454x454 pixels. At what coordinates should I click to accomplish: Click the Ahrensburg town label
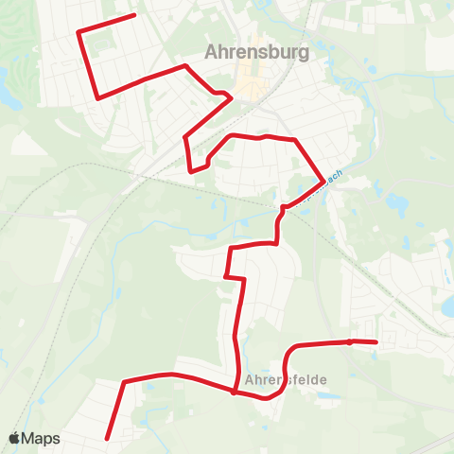coord(257,53)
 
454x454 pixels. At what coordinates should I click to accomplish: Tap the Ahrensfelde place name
coord(286,379)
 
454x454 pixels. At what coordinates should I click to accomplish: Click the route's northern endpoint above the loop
coord(135,15)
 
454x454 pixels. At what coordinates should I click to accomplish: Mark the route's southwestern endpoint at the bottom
coord(107,438)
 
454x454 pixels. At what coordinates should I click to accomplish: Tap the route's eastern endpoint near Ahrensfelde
coord(376,342)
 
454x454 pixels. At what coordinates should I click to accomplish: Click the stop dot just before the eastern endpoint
coord(350,341)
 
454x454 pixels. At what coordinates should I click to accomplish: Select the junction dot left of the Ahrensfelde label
coord(234,392)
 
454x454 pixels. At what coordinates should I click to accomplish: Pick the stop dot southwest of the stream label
coord(283,207)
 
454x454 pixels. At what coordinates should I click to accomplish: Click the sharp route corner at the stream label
coord(324,177)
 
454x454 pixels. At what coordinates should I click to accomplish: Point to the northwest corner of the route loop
coord(79,33)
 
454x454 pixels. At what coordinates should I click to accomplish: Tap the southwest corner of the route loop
coord(98,96)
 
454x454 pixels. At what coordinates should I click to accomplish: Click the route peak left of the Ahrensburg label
coord(185,66)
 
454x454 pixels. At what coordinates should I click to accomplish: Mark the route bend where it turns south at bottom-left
coord(124,382)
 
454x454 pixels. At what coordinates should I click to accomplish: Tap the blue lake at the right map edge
coord(448,305)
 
